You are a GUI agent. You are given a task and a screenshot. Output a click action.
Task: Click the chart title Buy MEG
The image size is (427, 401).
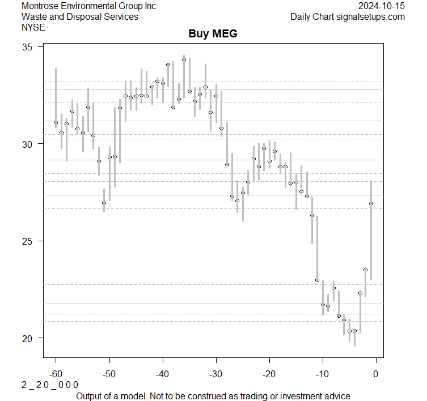click(x=213, y=34)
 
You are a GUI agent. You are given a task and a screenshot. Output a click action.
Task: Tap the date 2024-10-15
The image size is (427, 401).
click(x=382, y=6)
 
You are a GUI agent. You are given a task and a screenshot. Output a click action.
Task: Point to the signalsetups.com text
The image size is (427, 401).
click(x=371, y=16)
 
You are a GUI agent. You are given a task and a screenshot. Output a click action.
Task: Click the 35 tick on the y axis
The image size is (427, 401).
click(x=28, y=46)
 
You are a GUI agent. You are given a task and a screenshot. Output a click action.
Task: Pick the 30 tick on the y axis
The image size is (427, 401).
click(x=28, y=144)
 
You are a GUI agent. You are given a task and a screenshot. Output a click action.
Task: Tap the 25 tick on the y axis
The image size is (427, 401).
click(x=28, y=241)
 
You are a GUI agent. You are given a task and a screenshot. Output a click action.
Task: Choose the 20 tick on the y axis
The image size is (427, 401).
click(x=28, y=338)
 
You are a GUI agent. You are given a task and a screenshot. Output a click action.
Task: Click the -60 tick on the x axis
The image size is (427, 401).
click(x=56, y=373)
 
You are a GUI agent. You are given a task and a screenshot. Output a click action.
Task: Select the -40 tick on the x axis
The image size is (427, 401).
click(x=162, y=373)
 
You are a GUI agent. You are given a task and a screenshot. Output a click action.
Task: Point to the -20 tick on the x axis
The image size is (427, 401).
click(x=269, y=373)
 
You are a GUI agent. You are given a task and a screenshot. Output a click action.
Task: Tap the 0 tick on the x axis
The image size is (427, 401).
click(x=375, y=373)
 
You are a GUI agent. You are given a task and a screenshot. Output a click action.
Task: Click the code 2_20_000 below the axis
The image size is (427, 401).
click(x=50, y=385)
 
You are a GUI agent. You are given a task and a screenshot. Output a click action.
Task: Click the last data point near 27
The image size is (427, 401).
click(x=371, y=203)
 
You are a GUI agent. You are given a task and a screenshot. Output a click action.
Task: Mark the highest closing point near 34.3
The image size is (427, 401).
click(x=184, y=59)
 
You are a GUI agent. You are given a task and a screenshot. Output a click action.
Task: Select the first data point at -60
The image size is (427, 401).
click(x=56, y=122)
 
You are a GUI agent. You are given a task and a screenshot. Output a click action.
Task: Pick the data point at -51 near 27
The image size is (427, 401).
click(x=104, y=203)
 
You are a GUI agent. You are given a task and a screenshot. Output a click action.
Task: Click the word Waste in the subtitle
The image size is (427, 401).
click(x=33, y=16)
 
